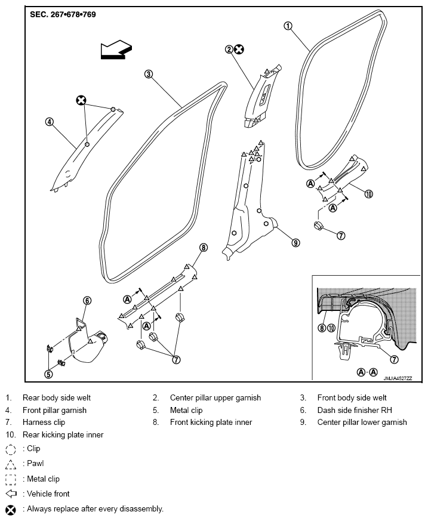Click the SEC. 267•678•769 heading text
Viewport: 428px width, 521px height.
coord(63,14)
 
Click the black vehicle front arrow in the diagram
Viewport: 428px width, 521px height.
coord(116,50)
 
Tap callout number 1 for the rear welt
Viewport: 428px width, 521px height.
coord(288,26)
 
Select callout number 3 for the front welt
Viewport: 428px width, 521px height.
coord(149,74)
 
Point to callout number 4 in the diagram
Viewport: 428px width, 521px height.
coord(49,122)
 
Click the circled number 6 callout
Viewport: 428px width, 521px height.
coord(87,301)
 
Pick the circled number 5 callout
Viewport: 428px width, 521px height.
coord(48,374)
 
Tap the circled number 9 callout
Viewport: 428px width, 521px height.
coord(295,243)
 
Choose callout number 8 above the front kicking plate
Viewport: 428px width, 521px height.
coord(204,248)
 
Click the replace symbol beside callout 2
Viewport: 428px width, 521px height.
coord(239,50)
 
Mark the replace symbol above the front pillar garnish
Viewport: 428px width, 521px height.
coord(81,100)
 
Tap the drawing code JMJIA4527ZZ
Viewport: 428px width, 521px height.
coord(398,378)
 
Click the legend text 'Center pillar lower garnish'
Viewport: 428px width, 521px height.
coord(362,423)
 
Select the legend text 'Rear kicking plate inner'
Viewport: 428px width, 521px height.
coord(63,435)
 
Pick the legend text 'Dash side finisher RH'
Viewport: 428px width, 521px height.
coord(355,411)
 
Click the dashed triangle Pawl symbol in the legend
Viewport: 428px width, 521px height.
coord(11,464)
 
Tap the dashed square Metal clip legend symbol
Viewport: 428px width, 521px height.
coord(11,479)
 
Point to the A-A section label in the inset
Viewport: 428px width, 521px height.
coord(367,372)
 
